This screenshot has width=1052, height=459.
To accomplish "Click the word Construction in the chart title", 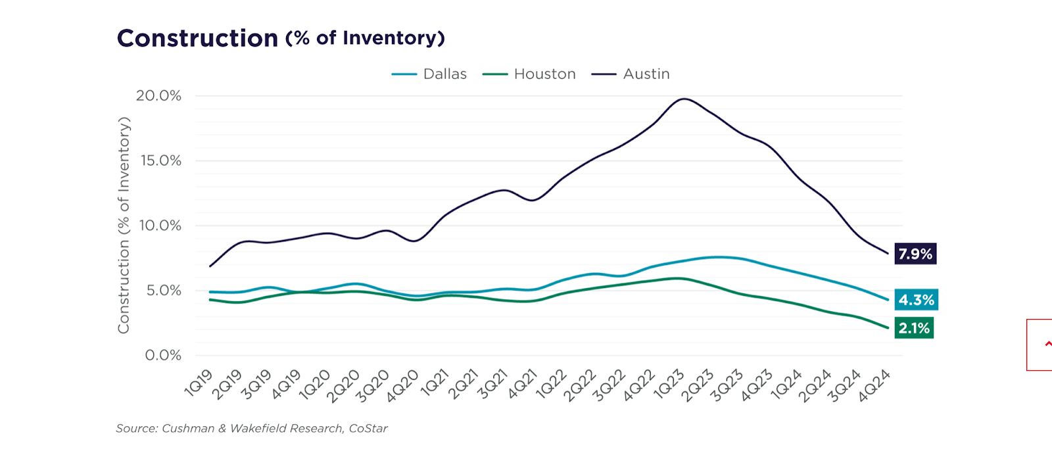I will click(197, 38).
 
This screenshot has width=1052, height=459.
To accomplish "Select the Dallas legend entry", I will click(444, 74).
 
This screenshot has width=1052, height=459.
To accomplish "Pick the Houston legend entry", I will click(544, 74).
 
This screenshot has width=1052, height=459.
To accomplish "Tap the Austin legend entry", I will click(646, 74).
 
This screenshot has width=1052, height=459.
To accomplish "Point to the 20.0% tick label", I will click(158, 96).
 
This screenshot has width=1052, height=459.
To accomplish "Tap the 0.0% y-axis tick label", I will click(162, 355).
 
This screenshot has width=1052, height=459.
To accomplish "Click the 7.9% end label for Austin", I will click(915, 254).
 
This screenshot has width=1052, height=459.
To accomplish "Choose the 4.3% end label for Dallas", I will click(916, 300).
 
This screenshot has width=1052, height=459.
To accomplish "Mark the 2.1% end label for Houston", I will click(914, 328).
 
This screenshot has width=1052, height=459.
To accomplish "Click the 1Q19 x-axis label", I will click(199, 383).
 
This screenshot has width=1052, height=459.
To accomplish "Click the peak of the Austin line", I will click(684, 99).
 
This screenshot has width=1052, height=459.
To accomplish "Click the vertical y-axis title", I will click(124, 225).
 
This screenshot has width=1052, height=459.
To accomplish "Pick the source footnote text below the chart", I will click(252, 428).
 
